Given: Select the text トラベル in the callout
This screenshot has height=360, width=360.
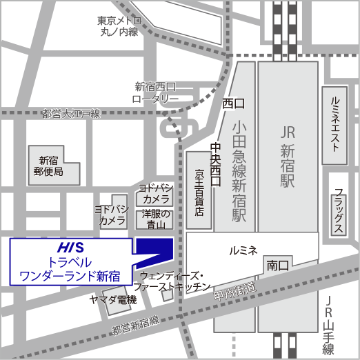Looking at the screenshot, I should (67, 263).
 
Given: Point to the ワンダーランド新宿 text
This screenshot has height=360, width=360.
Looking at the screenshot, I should (67, 277).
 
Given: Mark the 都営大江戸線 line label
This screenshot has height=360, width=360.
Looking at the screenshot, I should (71, 113).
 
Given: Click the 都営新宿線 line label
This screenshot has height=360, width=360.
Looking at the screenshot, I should (134, 322).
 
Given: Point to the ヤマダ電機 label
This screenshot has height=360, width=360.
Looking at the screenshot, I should (113, 299).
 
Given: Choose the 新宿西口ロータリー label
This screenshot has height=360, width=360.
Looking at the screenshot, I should (156, 92).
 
